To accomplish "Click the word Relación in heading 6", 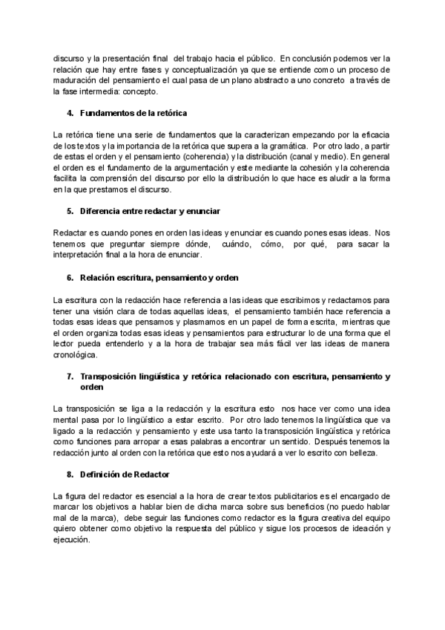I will tap(99, 278).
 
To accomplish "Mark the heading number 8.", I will tap(70, 473).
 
